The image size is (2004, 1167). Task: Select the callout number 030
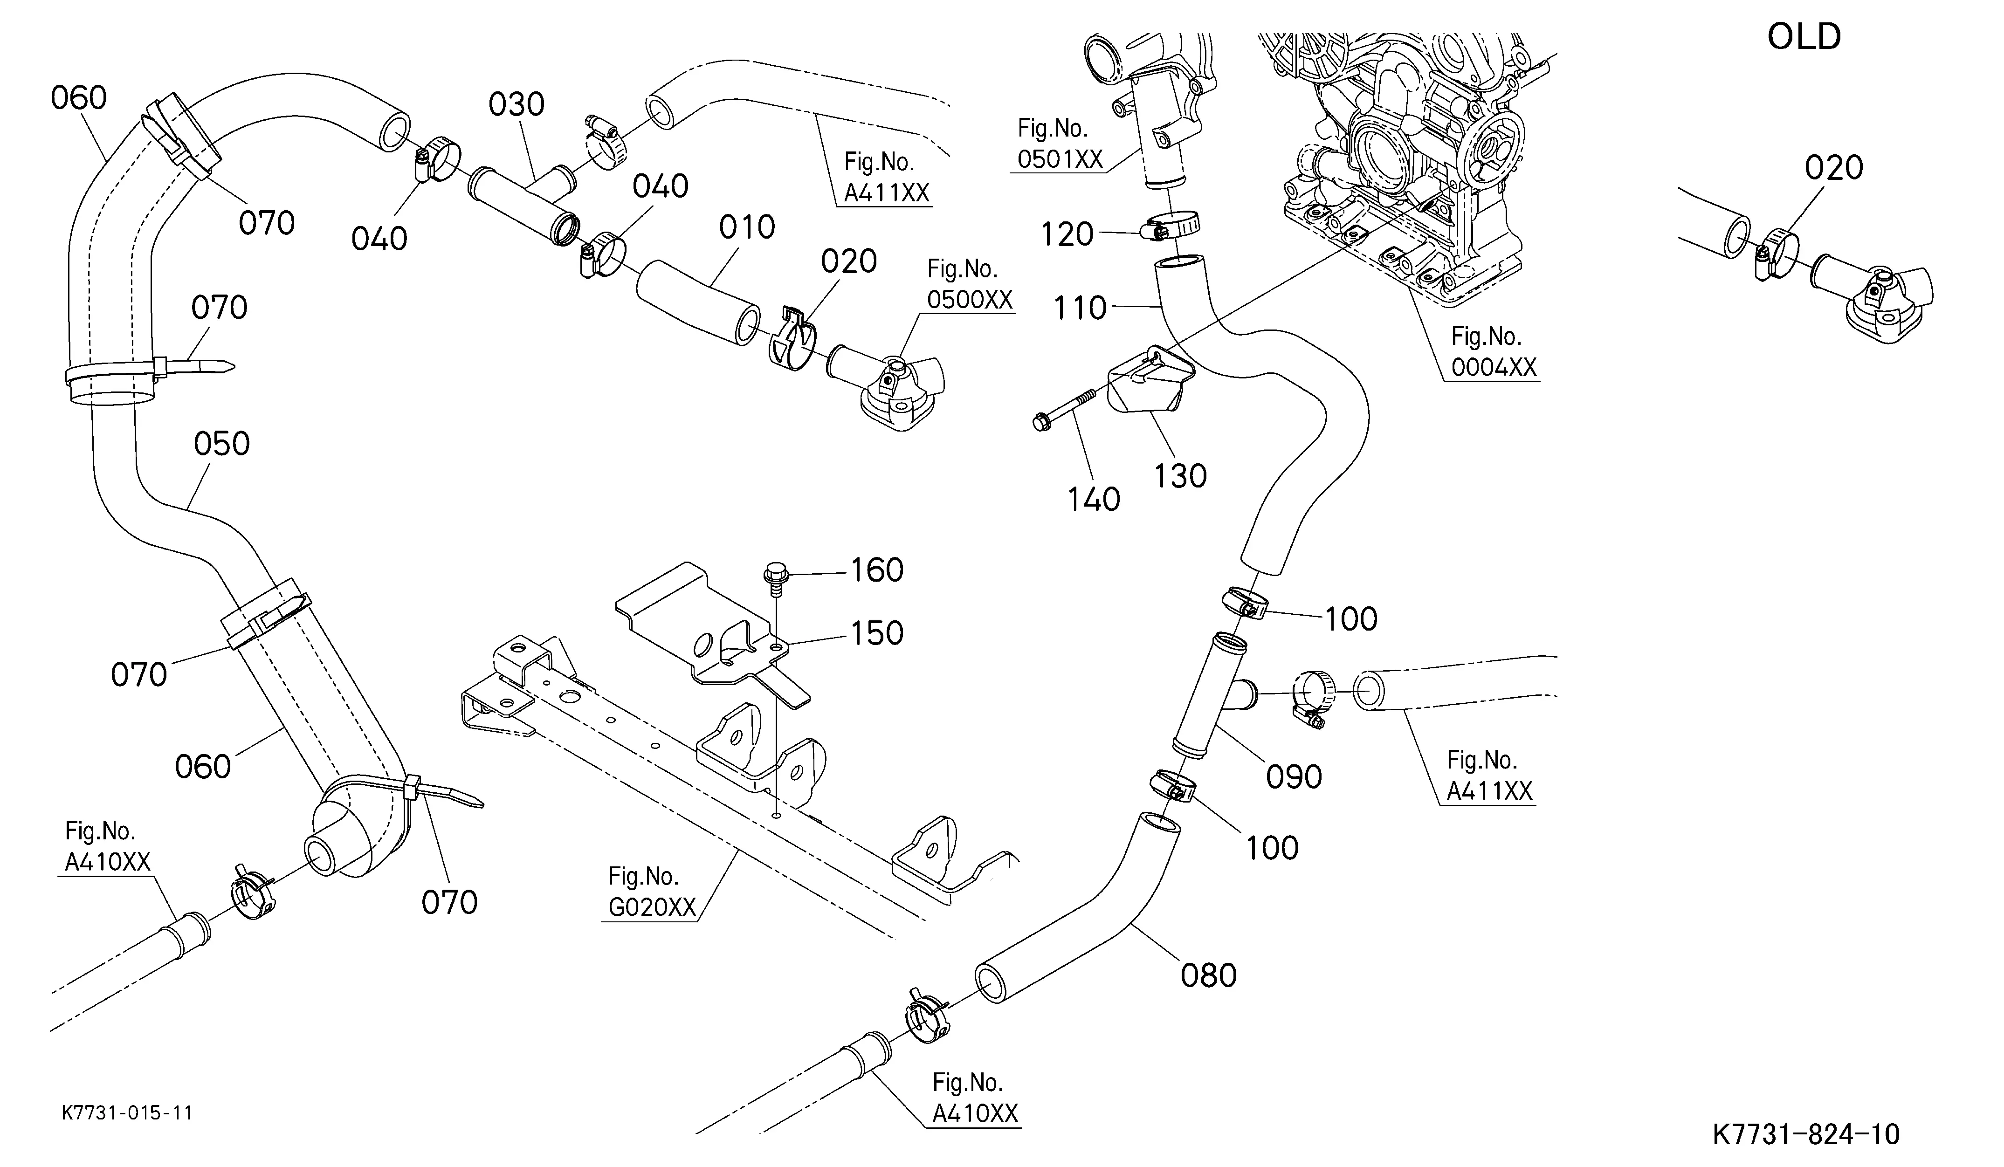coord(516,104)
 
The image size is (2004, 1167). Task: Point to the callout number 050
coord(222,444)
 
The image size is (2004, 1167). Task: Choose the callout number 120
coord(1067,234)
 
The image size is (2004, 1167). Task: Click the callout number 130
coord(1180,476)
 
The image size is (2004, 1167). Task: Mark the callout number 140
coord(1094,499)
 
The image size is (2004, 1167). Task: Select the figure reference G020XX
coord(652,907)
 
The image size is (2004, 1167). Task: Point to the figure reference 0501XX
coord(1060,159)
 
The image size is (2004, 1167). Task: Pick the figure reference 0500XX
coord(970,300)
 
